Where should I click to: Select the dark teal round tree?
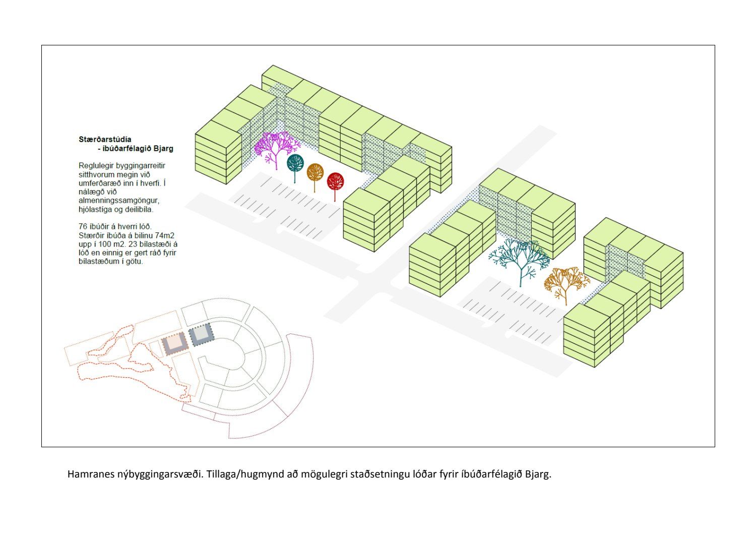295,163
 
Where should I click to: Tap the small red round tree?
335,181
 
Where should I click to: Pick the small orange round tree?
315,172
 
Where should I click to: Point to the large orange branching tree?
566,281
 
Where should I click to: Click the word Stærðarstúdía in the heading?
105,139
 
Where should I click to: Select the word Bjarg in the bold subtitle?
164,149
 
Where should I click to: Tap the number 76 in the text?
83,227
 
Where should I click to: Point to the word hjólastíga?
96,209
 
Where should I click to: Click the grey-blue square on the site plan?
201,334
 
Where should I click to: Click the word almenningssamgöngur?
119,201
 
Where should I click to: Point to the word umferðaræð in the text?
100,183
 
